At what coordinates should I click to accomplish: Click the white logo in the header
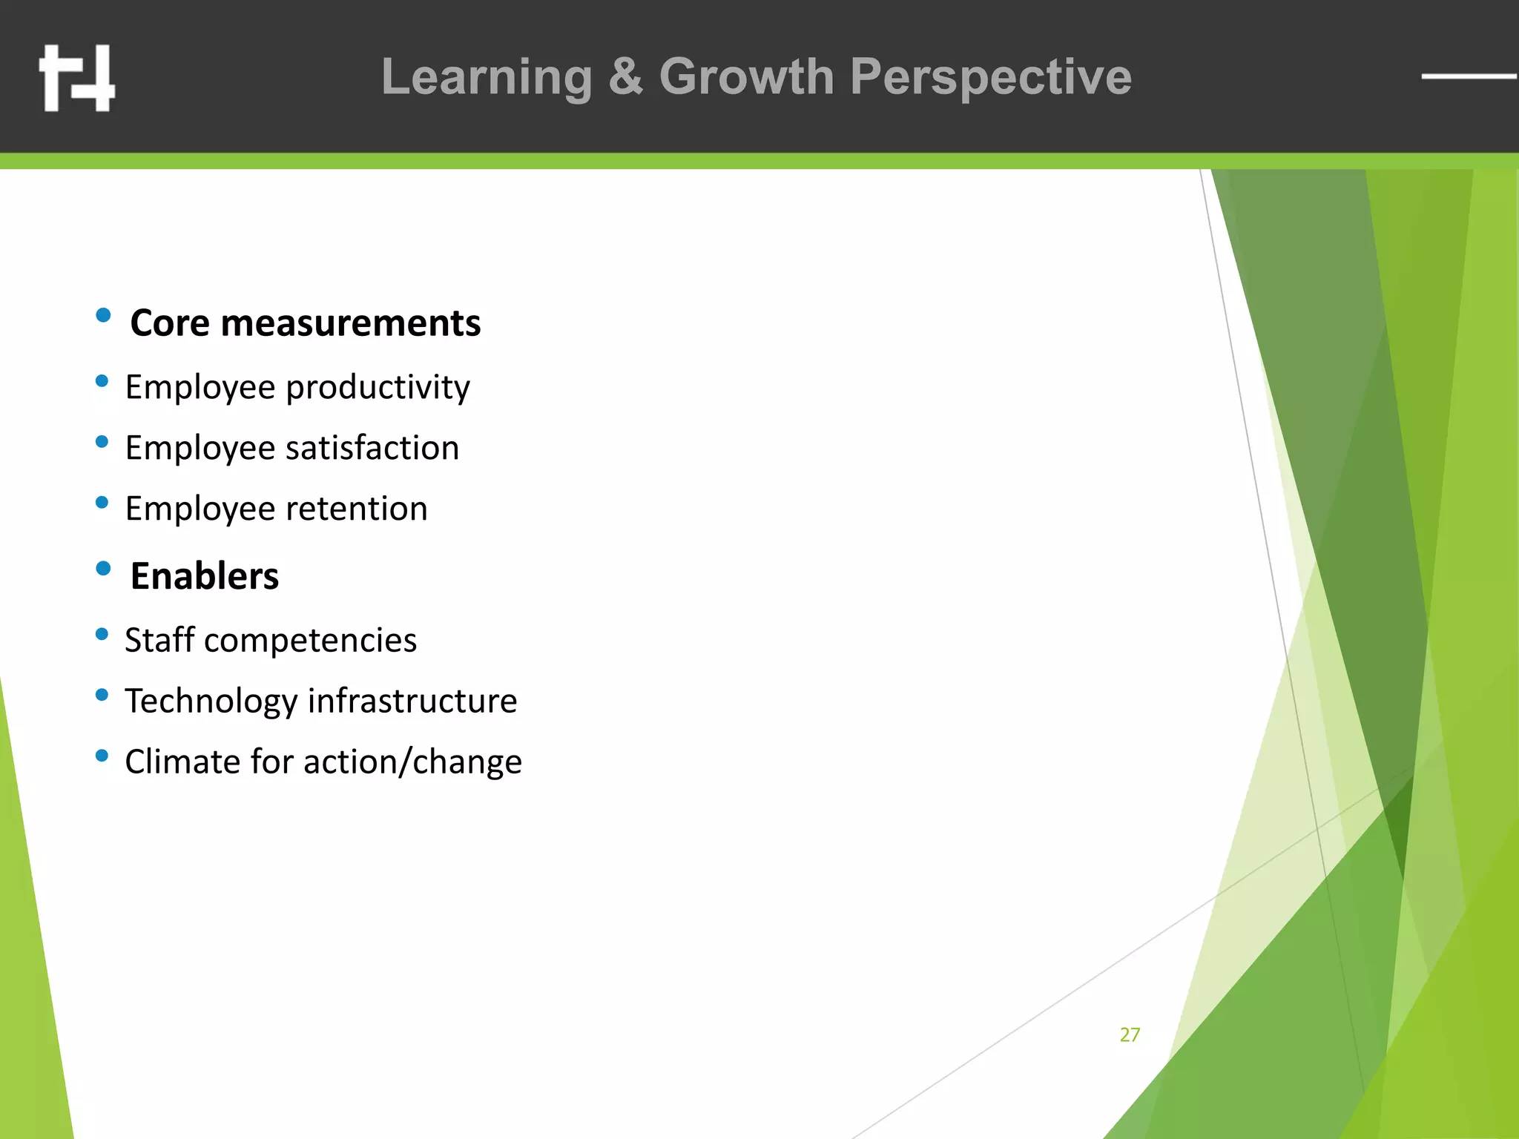click(77, 78)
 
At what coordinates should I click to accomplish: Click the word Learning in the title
click(487, 77)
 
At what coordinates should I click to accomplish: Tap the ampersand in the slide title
click(625, 77)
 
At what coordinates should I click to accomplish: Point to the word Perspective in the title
click(991, 77)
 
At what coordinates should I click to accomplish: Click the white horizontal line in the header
click(1469, 76)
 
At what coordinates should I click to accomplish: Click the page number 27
click(1130, 1034)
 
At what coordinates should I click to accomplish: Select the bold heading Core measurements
click(305, 323)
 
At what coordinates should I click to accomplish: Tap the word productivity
click(378, 387)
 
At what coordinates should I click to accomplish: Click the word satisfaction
click(372, 448)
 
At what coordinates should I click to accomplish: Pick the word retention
click(357, 509)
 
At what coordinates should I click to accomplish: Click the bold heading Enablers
click(205, 576)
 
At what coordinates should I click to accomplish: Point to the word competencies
click(310, 640)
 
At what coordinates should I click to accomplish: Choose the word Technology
click(211, 701)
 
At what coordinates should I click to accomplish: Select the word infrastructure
click(412, 701)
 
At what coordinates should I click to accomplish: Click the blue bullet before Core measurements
click(103, 315)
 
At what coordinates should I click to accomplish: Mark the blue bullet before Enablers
click(103, 569)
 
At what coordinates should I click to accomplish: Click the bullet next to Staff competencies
click(102, 634)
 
